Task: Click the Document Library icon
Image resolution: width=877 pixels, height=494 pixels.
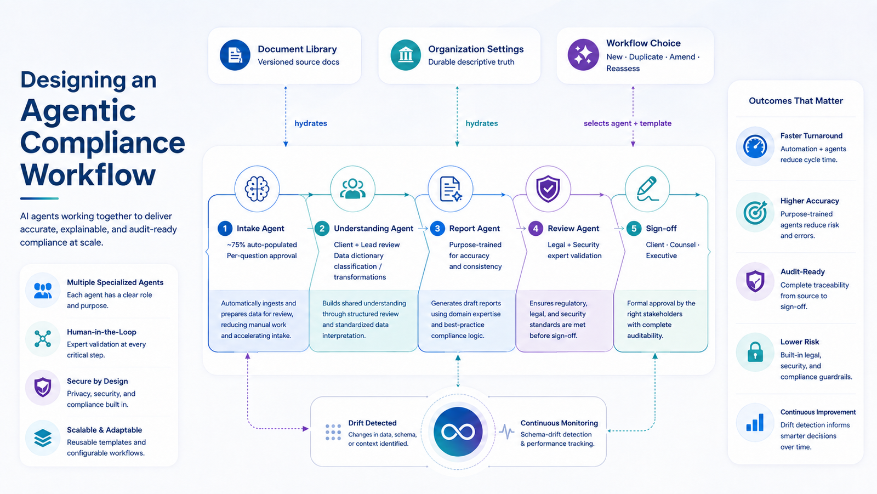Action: pyautogui.click(x=235, y=55)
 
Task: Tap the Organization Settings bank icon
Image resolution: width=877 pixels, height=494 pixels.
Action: pyautogui.click(x=406, y=55)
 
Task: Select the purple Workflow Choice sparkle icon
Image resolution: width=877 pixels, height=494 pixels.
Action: pyautogui.click(x=583, y=55)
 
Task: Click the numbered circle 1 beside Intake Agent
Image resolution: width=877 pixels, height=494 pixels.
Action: pyautogui.click(x=225, y=229)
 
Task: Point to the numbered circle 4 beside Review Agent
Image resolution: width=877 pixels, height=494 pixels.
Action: pyautogui.click(x=536, y=229)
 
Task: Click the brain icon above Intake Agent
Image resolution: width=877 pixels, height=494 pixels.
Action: pyautogui.click(x=257, y=189)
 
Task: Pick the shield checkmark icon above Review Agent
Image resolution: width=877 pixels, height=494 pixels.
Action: pyautogui.click(x=548, y=189)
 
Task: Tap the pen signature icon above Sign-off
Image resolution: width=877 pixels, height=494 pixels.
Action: pyautogui.click(x=647, y=189)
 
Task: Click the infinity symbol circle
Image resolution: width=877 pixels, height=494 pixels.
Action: pyautogui.click(x=458, y=431)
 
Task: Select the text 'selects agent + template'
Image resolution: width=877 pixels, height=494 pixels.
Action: pyautogui.click(x=628, y=123)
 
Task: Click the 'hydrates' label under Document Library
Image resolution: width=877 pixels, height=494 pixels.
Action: pyautogui.click(x=311, y=123)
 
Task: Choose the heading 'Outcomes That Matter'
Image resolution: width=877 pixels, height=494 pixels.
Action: pyautogui.click(x=796, y=101)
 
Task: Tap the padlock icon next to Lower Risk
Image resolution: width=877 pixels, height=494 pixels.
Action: pyautogui.click(x=755, y=351)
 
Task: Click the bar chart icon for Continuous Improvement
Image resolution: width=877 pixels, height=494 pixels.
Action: pyautogui.click(x=755, y=422)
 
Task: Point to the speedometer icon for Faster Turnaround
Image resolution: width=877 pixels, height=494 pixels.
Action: pyautogui.click(x=755, y=146)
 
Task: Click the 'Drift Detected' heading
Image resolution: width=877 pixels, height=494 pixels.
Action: pyautogui.click(x=372, y=423)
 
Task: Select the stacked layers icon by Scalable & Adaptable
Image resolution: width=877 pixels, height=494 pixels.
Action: pyautogui.click(x=43, y=438)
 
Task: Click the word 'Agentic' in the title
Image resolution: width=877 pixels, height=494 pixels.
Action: pyautogui.click(x=78, y=110)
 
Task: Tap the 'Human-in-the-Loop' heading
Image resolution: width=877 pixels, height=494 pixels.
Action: pyautogui.click(x=102, y=332)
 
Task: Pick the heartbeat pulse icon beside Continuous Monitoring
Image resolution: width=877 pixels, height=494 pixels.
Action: pyautogui.click(x=506, y=431)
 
